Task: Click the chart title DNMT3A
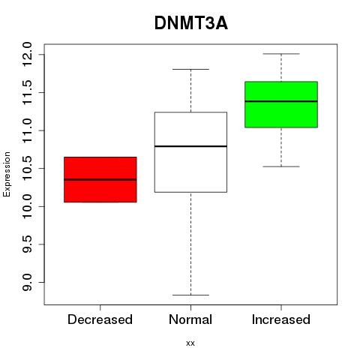point(191,23)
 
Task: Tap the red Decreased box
point(100,179)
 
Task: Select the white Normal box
point(190,152)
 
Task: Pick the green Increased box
point(281,104)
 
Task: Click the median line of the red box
point(100,179)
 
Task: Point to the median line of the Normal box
point(190,146)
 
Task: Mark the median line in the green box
point(281,101)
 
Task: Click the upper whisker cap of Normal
point(190,69)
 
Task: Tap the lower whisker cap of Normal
point(190,295)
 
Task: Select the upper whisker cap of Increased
point(281,54)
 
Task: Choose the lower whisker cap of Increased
point(281,166)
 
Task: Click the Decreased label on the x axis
point(100,319)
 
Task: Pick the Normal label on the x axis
point(190,319)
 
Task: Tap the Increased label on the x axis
point(281,319)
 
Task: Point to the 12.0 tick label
point(27,54)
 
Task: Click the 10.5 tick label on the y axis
point(27,168)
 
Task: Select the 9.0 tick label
point(27,282)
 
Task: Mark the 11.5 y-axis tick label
point(27,92)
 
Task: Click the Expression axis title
point(7,174)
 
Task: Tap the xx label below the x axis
point(190,343)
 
